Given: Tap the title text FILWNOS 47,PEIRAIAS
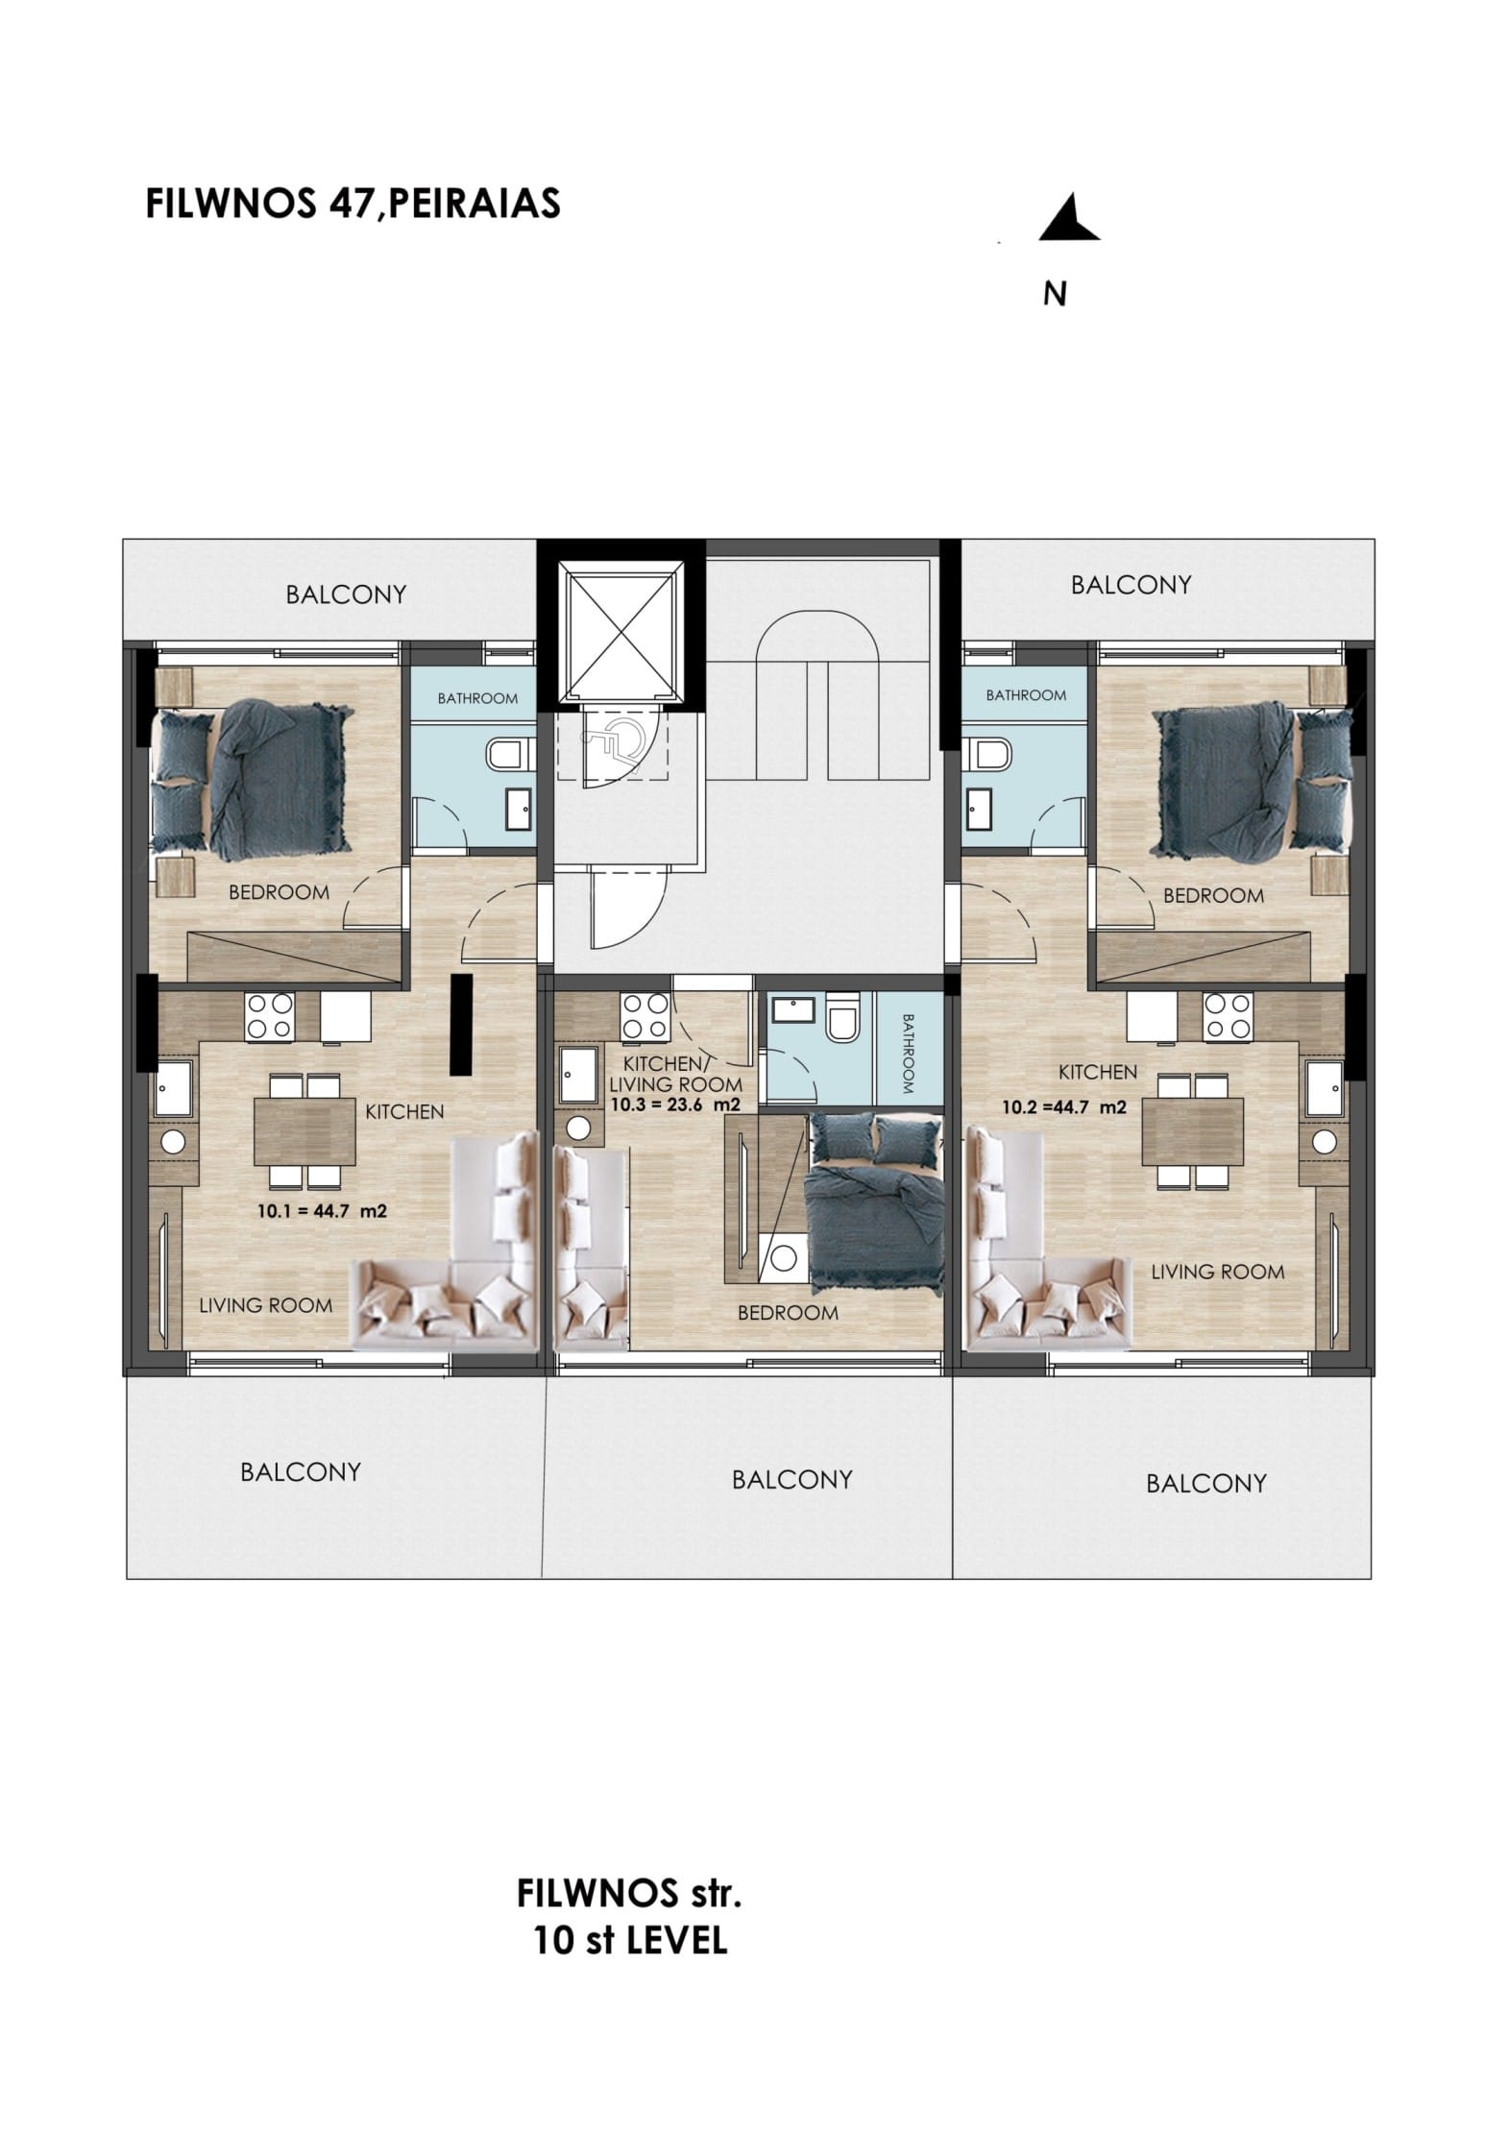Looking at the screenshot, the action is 353,204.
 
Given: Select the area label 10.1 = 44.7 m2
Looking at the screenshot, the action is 323,1211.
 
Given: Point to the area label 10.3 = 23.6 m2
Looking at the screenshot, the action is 675,1105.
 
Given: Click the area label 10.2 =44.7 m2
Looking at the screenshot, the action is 1064,1106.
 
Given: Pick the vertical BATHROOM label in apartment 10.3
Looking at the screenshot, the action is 908,1054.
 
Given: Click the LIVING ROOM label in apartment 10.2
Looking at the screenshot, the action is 1217,1272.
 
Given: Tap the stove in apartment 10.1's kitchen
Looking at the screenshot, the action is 269,1016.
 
